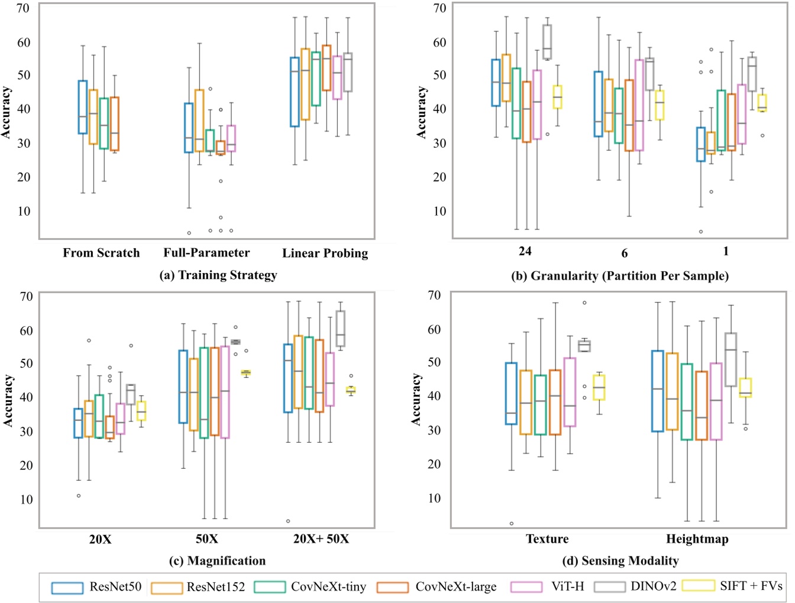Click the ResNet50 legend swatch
click(66, 588)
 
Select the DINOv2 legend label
click(653, 586)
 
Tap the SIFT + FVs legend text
click(751, 586)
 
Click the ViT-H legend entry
click(567, 586)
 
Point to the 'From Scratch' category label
click(101, 253)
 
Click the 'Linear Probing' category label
click(325, 253)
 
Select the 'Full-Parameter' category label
click(206, 253)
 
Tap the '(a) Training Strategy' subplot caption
click(218, 275)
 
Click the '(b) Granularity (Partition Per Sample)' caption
click(619, 275)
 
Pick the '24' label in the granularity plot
click(525, 251)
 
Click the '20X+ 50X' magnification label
click(321, 539)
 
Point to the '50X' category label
click(207, 539)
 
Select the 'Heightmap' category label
click(697, 539)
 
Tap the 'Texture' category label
click(547, 539)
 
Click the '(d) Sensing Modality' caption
click(620, 560)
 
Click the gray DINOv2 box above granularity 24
click(547, 41)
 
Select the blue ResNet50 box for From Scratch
click(83, 107)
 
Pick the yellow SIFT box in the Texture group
click(599, 387)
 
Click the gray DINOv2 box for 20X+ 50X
click(340, 329)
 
